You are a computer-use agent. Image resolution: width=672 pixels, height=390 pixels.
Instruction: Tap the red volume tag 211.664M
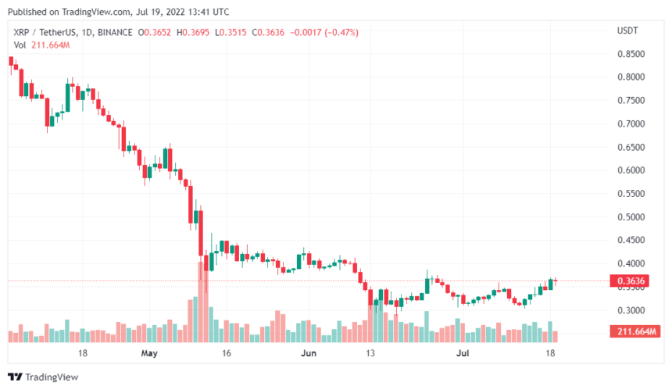[634, 332]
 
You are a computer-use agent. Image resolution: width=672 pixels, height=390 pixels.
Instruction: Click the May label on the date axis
[151, 352]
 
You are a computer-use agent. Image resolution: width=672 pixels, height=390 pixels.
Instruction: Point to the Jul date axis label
[464, 352]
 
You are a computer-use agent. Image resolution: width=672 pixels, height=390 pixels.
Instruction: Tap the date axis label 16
[226, 352]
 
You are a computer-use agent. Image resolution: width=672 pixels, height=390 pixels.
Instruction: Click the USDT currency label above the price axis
[627, 30]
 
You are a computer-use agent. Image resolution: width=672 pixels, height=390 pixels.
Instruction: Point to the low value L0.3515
[234, 34]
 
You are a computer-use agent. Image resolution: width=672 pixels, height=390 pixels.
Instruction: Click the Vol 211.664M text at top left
[39, 46]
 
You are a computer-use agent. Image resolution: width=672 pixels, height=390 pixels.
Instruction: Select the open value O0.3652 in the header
[154, 34]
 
